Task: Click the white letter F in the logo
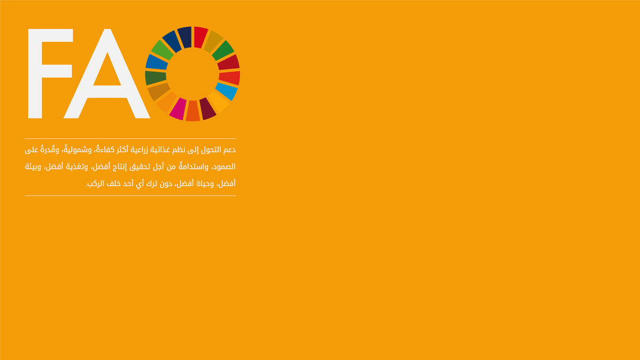(35, 74)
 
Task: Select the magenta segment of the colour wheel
(178, 109)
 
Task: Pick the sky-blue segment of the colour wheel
(226, 91)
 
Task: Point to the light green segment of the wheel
(162, 50)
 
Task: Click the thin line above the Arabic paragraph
(131, 139)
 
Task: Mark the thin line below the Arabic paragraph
(131, 196)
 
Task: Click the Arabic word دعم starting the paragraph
(229, 150)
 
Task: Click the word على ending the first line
(31, 150)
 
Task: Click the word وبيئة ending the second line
(33, 167)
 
